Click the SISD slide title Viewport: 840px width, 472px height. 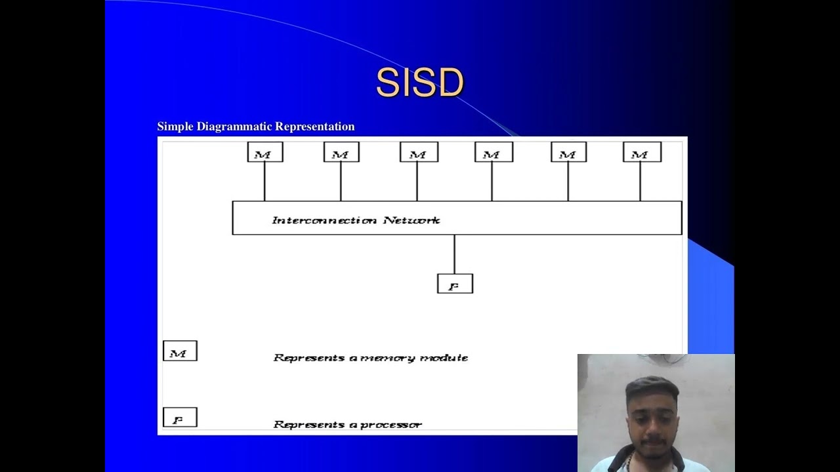[420, 83]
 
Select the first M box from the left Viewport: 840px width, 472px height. [265, 153]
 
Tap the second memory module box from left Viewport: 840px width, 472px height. [341, 153]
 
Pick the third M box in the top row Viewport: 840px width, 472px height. [419, 153]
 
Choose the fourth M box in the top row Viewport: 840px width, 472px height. [493, 153]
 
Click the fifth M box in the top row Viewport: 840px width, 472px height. [569, 153]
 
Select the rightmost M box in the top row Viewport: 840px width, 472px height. [642, 153]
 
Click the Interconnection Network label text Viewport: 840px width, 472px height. [356, 220]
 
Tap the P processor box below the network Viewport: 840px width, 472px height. [455, 284]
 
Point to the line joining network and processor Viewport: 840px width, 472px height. [454, 254]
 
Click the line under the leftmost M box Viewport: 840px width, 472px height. [264, 182]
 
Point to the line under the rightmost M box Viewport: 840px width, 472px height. [640, 182]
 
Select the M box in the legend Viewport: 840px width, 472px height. [180, 351]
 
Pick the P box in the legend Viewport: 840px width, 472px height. [180, 418]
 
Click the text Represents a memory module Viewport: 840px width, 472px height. [370, 358]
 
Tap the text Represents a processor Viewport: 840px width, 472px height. [347, 425]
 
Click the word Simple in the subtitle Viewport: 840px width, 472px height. [175, 127]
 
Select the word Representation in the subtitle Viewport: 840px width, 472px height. [315, 127]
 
